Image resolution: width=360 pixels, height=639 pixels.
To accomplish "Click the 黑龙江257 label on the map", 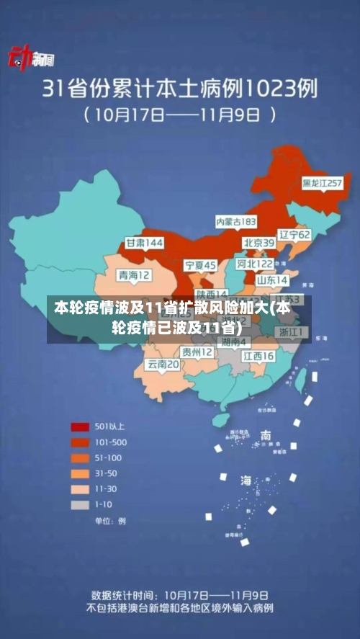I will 322,184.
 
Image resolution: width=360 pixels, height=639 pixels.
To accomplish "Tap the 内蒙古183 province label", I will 236,220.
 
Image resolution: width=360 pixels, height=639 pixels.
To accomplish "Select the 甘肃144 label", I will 144,243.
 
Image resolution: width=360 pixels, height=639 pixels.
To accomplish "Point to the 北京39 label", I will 258,243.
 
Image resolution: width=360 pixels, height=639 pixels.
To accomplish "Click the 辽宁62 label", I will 294,235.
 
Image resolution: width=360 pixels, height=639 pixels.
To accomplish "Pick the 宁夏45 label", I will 200,265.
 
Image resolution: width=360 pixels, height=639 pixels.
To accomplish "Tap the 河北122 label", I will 255,264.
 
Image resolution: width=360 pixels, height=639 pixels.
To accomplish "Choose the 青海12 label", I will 135,275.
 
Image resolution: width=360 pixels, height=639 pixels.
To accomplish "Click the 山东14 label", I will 272,280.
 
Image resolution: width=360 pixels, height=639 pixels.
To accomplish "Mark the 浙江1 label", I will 293,332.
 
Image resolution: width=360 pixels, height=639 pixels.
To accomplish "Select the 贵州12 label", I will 197,352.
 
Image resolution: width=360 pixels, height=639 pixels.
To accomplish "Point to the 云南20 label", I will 163,365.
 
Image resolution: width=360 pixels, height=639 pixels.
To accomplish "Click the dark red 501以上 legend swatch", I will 79,426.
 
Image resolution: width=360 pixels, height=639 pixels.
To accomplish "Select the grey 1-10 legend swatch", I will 79,505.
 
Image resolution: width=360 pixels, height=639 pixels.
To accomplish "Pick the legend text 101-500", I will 110,442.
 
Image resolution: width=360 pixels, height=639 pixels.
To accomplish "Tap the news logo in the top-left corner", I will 26,59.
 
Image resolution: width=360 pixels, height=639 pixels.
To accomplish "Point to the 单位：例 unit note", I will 110,521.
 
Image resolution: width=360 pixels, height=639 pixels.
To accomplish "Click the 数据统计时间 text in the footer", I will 122,596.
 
